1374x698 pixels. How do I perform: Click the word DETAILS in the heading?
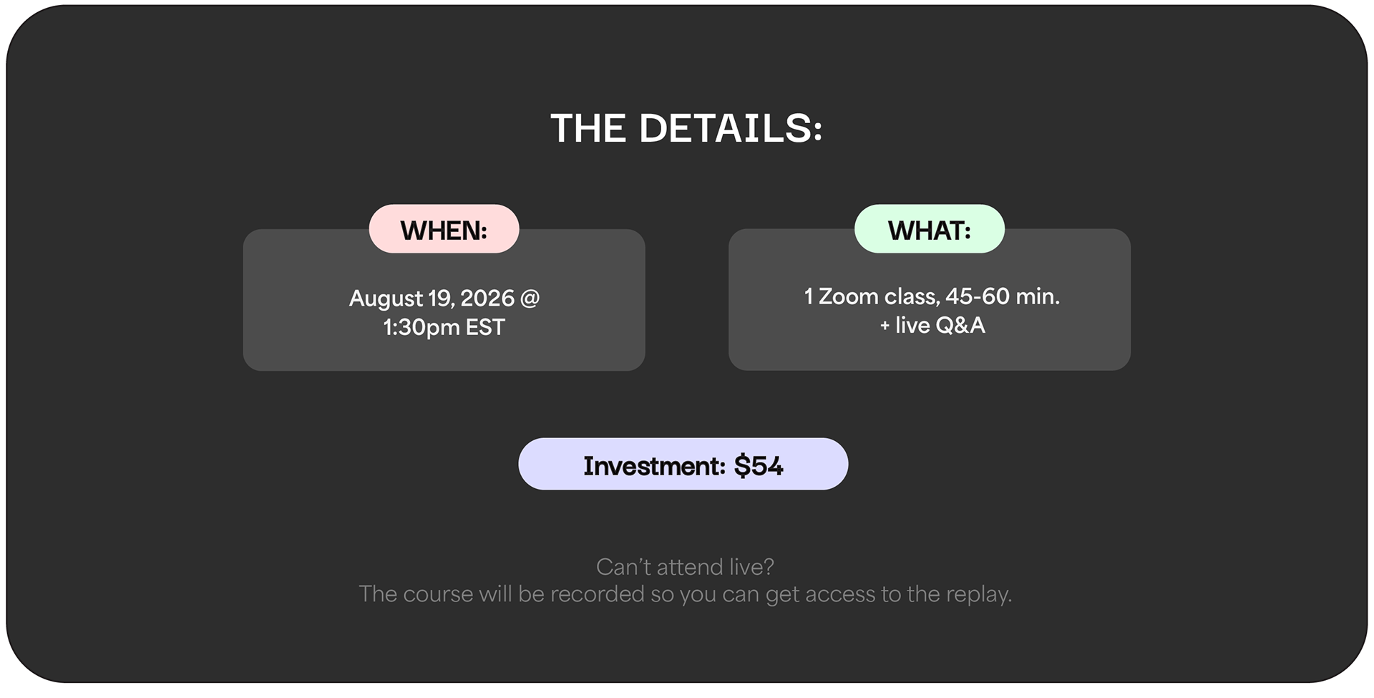click(x=730, y=129)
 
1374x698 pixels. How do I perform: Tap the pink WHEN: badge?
click(x=444, y=229)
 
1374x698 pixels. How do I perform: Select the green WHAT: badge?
click(x=930, y=229)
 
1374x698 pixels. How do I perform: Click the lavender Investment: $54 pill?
click(x=683, y=464)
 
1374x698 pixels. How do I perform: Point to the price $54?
click(x=759, y=466)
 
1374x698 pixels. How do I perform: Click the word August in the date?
click(x=386, y=299)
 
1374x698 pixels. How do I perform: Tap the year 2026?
click(x=487, y=298)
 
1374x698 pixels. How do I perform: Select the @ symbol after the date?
click(x=530, y=299)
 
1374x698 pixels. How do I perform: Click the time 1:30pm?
click(x=422, y=328)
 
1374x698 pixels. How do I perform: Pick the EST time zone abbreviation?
click(x=485, y=327)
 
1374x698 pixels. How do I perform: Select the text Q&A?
click(x=960, y=326)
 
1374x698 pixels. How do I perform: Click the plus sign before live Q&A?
click(x=885, y=326)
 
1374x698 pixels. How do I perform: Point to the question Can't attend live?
click(x=685, y=567)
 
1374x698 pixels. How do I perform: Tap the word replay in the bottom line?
click(x=978, y=595)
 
